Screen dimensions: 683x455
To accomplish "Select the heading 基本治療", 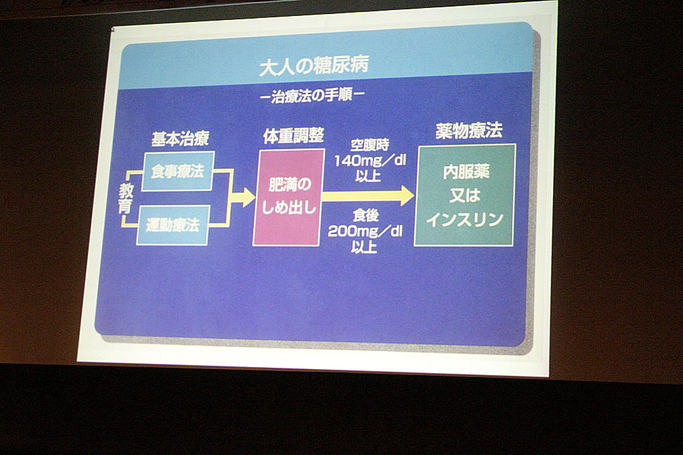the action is (180, 139).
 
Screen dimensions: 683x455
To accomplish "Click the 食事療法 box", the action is (177, 171).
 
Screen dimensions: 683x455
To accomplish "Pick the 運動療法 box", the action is (173, 225).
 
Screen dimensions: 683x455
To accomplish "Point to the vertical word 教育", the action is (126, 199).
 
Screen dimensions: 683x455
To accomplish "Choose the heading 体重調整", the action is (293, 135).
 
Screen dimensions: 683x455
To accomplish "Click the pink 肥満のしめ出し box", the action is (289, 197).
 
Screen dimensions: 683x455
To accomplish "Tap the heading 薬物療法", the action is (469, 130).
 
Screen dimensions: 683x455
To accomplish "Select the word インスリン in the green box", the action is (464, 220).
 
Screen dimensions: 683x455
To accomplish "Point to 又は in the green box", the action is (464, 196).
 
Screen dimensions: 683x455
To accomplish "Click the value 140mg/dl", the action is (370, 161).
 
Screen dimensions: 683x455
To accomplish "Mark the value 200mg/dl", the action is (365, 231).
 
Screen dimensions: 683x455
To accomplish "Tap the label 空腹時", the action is (370, 145).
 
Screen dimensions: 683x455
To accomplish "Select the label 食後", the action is (366, 215).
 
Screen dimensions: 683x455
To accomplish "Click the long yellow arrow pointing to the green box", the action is (368, 196).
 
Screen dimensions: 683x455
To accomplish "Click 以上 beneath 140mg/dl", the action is (368, 176).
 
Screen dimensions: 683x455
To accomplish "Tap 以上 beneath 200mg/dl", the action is (364, 246).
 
